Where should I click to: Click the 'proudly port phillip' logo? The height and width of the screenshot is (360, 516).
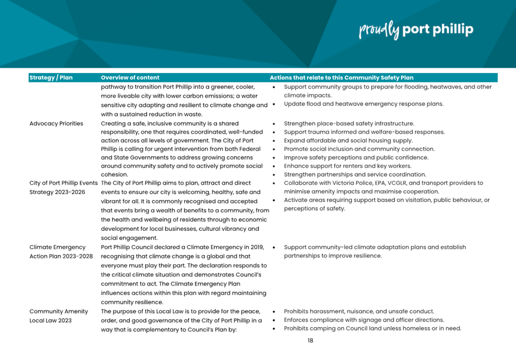pyautogui.click(x=416, y=29)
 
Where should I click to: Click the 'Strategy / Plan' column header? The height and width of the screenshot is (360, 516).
pyautogui.click(x=51, y=78)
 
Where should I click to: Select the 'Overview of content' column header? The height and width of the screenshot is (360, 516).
pyautogui.click(x=130, y=78)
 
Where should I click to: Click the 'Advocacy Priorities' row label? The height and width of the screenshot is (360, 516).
pyautogui.click(x=56, y=123)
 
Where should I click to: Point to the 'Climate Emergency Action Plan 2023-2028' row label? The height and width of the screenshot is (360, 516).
pyautogui.click(x=61, y=251)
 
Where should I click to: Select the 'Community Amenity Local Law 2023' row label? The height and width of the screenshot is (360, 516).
pyautogui.click(x=59, y=316)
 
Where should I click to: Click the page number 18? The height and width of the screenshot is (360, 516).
pyautogui.click(x=310, y=340)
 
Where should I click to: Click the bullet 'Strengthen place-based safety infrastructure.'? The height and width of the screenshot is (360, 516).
pyautogui.click(x=349, y=123)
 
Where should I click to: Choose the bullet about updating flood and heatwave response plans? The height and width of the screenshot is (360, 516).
pyautogui.click(x=364, y=104)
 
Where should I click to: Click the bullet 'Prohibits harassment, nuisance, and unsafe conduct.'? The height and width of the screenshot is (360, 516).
pyautogui.click(x=359, y=311)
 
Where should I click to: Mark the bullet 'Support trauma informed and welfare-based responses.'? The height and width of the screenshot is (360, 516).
pyautogui.click(x=364, y=132)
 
